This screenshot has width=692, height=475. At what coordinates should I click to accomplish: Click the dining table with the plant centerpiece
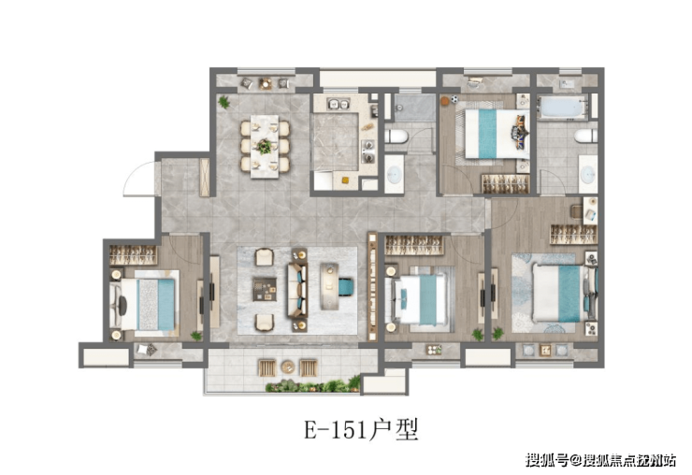(x=265, y=147)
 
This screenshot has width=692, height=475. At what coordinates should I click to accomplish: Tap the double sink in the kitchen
(x=339, y=104)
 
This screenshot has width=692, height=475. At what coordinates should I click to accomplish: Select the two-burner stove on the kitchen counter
(x=368, y=151)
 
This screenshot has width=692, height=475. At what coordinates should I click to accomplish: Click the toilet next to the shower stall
(x=396, y=137)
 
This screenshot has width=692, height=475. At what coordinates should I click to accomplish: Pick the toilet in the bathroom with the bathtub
(x=586, y=136)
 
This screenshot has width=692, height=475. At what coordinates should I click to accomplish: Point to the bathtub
(x=562, y=108)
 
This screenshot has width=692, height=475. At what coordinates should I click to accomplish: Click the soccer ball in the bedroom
(x=455, y=100)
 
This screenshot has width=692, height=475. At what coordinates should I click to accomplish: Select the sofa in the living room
(x=297, y=290)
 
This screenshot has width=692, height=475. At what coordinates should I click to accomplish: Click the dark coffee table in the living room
(x=265, y=289)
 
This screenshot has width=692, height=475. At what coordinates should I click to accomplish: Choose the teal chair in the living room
(x=346, y=286)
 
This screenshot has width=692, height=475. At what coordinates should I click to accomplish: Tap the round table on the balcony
(x=288, y=367)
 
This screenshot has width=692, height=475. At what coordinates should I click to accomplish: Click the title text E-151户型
(x=361, y=429)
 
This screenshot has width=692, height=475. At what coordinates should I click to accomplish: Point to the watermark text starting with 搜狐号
(x=600, y=460)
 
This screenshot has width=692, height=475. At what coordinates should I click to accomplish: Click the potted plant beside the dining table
(x=224, y=103)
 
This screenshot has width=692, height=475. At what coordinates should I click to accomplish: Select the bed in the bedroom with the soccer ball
(x=497, y=134)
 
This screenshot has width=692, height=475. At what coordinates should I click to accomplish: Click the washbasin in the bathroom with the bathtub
(x=588, y=174)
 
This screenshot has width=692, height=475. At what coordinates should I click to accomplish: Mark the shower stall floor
(x=414, y=108)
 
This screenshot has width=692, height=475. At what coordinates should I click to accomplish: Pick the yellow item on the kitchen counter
(x=345, y=180)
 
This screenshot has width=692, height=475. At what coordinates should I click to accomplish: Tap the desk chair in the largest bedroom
(x=576, y=211)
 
